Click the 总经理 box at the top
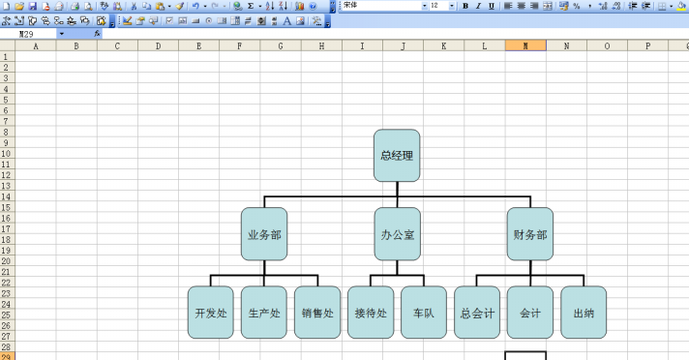tap(397, 155)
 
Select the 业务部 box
tap(264, 234)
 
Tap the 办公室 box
tap(397, 234)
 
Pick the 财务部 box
tap(530, 234)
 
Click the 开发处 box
tap(211, 313)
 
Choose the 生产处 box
tap(264, 313)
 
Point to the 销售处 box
tap(317, 313)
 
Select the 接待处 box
tap(371, 313)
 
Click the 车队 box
tap(424, 313)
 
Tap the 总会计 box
tap(477, 313)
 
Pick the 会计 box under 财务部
tap(530, 313)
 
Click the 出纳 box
tap(584, 313)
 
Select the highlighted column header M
tap(525, 45)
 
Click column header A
tap(36, 45)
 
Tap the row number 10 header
tap(6, 154)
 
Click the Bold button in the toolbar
tap(465, 6)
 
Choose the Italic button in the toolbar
tap(478, 6)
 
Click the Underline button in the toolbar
tap(492, 6)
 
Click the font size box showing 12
tap(438, 6)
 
